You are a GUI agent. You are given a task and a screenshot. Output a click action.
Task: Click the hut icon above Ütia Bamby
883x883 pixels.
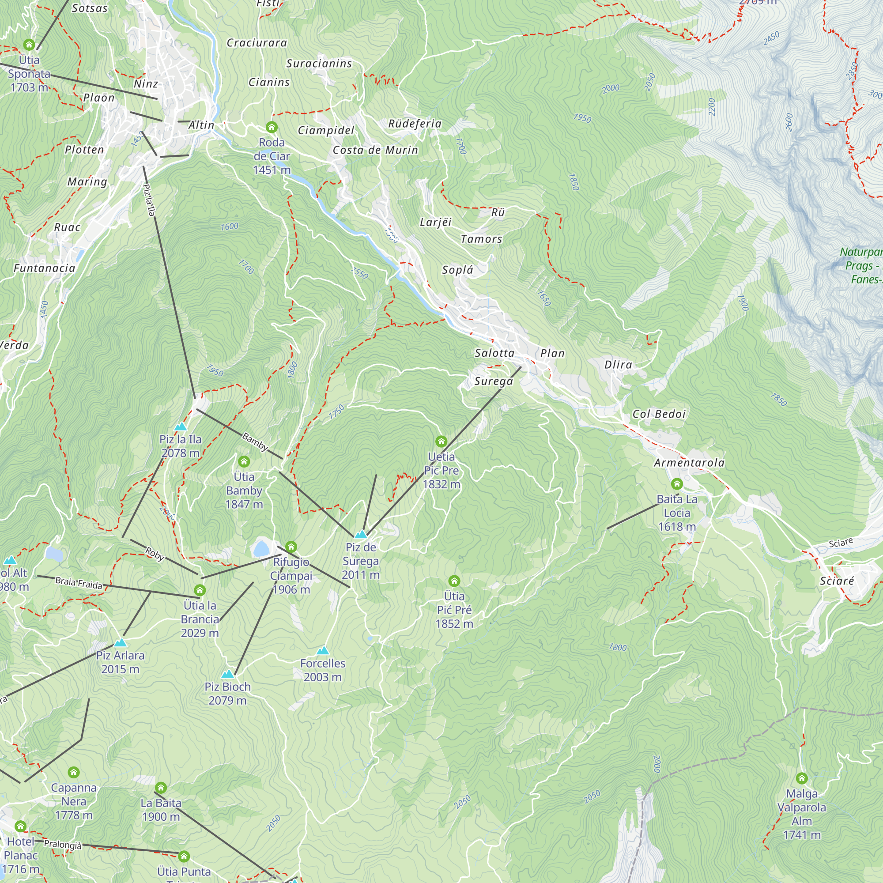244,461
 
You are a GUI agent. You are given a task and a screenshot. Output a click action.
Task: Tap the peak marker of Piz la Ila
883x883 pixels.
181,426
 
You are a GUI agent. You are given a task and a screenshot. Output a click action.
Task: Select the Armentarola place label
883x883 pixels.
689,463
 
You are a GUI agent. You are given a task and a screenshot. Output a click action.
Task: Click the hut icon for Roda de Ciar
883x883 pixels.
272,127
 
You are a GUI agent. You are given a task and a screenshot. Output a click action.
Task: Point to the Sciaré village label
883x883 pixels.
836,581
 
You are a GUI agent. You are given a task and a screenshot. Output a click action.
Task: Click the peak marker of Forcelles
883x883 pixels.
323,650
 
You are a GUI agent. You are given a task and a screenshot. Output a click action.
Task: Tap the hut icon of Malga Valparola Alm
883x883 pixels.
802,778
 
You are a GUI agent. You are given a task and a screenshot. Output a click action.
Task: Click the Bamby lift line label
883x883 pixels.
255,441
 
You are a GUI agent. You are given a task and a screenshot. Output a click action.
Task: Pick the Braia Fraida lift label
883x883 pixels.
79,583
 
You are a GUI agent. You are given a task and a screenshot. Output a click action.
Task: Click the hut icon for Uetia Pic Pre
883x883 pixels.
441,441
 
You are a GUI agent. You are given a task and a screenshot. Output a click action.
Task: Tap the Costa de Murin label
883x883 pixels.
375,151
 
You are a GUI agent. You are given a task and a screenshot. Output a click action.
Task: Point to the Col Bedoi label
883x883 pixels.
659,414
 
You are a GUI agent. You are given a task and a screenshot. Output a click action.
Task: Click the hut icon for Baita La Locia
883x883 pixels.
677,483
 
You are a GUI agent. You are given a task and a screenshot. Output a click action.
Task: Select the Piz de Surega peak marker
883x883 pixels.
361,534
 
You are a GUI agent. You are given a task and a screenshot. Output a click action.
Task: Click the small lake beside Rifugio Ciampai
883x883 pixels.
261,548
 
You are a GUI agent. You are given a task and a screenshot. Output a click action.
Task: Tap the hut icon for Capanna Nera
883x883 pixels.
74,772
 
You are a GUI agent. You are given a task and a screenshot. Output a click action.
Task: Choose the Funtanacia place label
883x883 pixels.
44,268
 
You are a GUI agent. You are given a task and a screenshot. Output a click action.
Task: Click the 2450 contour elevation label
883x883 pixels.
771,38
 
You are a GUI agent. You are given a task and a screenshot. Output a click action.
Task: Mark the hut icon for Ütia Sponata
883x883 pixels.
29,44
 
